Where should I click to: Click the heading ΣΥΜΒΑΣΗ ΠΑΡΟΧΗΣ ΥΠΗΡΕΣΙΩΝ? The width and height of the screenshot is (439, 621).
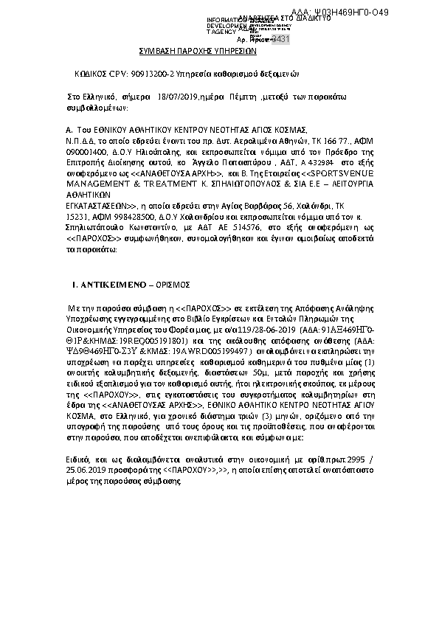197,52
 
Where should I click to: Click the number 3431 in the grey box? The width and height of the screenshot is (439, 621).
280,39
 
